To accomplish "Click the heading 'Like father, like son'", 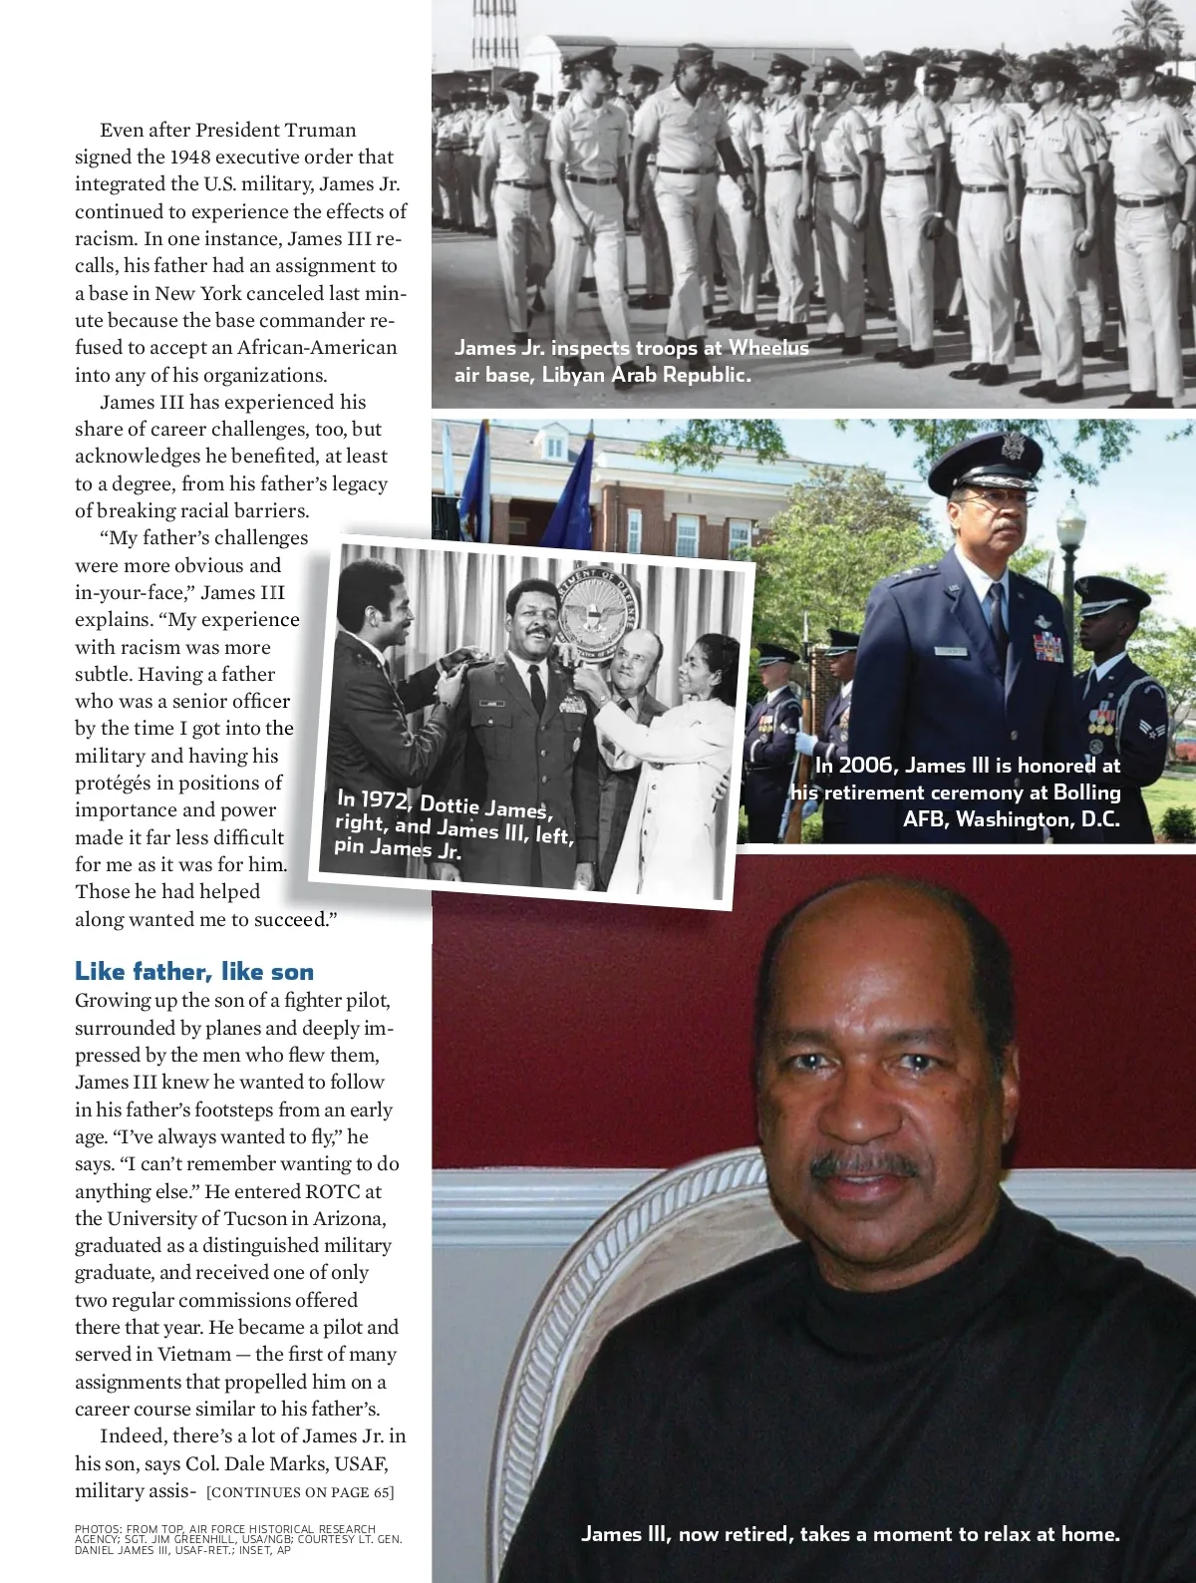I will click(x=194, y=972).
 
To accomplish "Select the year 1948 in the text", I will click(x=189, y=157).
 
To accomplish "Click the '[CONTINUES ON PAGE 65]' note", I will click(x=300, y=1492).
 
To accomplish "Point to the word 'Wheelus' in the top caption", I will click(x=768, y=347).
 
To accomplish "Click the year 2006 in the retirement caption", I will click(x=865, y=766).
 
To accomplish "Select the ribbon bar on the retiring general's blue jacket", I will click(x=1047, y=647).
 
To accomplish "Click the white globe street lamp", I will click(x=1070, y=518).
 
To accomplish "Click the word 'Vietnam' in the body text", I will click(x=193, y=1354).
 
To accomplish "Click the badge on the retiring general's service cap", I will click(x=1013, y=445).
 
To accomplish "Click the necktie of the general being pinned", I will click(x=537, y=688).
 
